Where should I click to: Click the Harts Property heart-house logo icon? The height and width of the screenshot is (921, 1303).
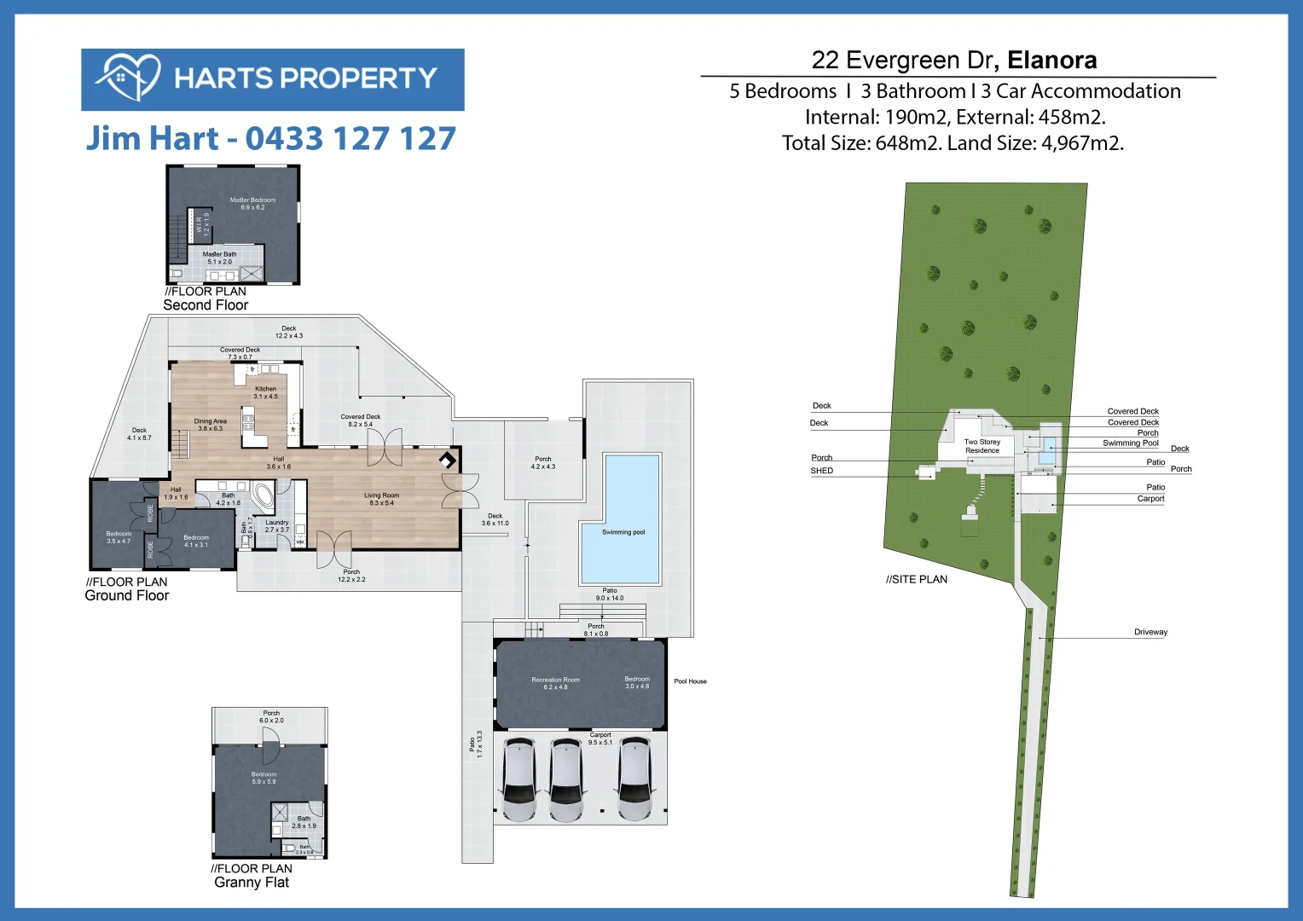128,78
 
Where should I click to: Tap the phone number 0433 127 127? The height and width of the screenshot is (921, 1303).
350,139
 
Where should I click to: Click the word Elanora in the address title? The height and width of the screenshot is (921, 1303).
1051,61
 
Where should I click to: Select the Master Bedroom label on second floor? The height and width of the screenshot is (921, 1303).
252,204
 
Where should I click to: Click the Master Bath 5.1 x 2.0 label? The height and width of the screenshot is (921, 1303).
219,258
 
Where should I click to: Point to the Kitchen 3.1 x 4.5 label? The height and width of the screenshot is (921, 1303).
265,392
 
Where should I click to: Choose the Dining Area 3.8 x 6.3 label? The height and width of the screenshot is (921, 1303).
210,425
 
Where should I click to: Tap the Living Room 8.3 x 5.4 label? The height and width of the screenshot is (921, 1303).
381,499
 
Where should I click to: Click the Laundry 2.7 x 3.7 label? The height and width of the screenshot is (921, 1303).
277,526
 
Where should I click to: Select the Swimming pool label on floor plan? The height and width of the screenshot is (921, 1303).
623,532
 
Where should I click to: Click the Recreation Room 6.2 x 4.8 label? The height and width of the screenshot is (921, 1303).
555,683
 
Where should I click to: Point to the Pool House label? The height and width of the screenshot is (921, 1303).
690,681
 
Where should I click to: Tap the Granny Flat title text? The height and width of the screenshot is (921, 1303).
252,883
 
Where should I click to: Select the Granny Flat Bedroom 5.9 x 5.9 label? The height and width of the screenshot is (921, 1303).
263,778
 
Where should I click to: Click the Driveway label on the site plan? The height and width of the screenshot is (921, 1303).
1150,632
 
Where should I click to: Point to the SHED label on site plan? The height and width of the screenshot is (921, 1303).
821,471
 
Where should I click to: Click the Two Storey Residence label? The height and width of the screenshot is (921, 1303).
982,446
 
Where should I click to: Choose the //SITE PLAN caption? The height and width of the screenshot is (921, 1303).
917,580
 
